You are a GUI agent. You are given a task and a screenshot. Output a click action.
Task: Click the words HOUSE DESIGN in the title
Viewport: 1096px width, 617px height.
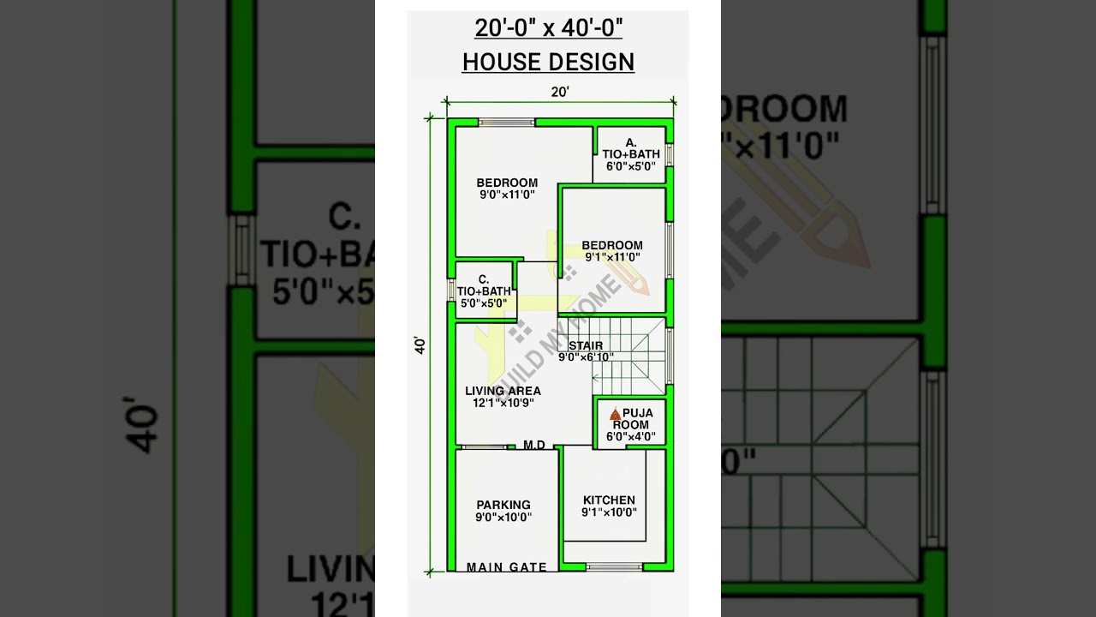(x=548, y=62)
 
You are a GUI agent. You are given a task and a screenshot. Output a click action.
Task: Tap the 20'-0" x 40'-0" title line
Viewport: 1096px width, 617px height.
(x=548, y=28)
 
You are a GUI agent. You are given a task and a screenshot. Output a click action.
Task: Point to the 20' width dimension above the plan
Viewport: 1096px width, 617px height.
(x=559, y=92)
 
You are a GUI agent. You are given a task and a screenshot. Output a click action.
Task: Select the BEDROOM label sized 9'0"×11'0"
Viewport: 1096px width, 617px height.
(x=507, y=189)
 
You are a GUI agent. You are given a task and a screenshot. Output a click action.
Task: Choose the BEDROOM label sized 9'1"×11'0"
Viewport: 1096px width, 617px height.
(x=611, y=251)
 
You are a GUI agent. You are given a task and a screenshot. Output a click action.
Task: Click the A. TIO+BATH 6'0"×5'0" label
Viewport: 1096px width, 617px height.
(x=630, y=155)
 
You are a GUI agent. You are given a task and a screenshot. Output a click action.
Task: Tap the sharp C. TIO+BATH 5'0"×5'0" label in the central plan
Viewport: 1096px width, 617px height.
(x=484, y=291)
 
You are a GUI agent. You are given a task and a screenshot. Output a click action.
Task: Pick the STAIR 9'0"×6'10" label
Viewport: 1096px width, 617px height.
(x=586, y=351)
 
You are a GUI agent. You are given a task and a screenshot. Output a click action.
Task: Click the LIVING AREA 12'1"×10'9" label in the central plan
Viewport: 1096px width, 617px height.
(x=503, y=397)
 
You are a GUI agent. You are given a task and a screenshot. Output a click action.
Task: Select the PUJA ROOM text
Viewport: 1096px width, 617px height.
(x=634, y=419)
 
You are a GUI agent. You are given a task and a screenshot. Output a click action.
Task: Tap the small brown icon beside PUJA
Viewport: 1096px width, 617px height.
(x=615, y=414)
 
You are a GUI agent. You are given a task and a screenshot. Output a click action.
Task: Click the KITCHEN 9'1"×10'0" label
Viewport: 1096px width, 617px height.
(x=609, y=506)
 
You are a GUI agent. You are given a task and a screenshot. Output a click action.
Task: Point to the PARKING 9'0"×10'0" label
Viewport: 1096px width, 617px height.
(x=503, y=511)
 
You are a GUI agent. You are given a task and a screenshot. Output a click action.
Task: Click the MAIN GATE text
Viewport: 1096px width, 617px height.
(x=507, y=567)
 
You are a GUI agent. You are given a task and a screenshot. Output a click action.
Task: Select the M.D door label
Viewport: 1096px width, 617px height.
(x=534, y=445)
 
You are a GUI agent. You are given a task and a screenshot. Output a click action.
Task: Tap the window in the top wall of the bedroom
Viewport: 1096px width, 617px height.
(x=506, y=123)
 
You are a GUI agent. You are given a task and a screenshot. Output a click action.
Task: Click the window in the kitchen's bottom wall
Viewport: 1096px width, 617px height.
(x=614, y=566)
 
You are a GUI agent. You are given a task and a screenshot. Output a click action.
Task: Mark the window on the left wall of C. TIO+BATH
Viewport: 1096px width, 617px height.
(x=451, y=290)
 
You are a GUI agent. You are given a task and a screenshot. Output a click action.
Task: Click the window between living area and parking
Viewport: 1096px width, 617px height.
(x=484, y=446)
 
